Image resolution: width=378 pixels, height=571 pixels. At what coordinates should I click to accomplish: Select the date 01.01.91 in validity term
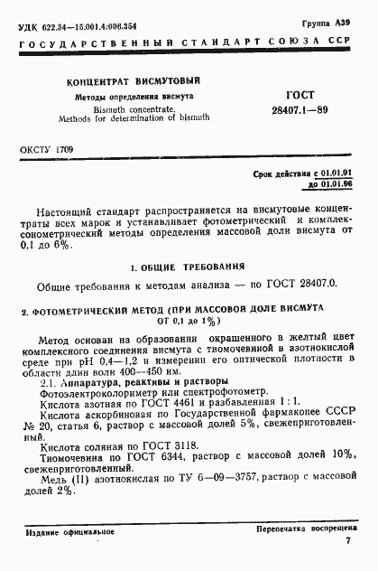339,172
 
